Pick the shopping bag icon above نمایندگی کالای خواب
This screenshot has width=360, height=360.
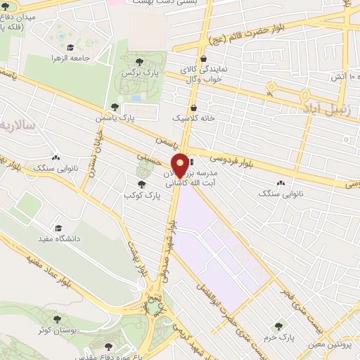(204, 58)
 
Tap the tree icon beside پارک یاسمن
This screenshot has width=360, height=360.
(115, 108)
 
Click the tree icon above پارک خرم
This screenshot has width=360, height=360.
(279, 327)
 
